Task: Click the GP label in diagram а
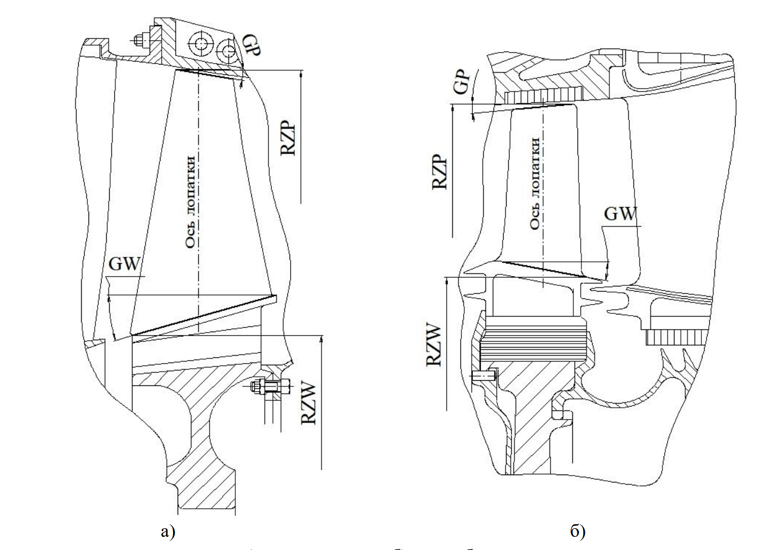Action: click(251, 45)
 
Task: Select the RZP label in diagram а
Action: click(288, 137)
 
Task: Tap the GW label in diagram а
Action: click(124, 264)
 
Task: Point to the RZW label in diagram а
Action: click(308, 404)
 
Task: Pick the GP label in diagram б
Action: click(462, 81)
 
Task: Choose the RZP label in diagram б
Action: click(440, 172)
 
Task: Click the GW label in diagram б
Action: click(620, 214)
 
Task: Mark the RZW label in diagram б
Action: click(435, 344)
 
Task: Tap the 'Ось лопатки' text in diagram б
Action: click(535, 183)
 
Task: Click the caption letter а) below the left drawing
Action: click(167, 532)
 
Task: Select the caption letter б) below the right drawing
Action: click(577, 532)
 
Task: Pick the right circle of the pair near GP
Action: click(229, 51)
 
